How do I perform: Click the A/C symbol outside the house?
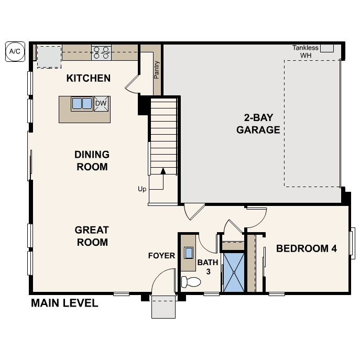pyautogui.click(x=14, y=51)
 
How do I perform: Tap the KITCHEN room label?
pyautogui.click(x=89, y=79)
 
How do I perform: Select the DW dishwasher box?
pyautogui.click(x=101, y=104)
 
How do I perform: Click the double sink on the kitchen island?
pyautogui.click(x=82, y=104)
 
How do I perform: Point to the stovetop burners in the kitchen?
pyautogui.click(x=101, y=51)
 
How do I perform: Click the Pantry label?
pyautogui.click(x=156, y=70)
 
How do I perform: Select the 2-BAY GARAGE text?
pyautogui.click(x=258, y=124)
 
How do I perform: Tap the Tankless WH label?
pyautogui.click(x=305, y=51)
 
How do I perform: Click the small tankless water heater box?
pyautogui.click(x=327, y=48)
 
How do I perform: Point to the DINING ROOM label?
pyautogui.click(x=92, y=161)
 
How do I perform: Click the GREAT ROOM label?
pyautogui.click(x=92, y=236)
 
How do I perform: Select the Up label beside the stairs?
pyautogui.click(x=142, y=189)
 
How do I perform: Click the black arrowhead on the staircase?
pyautogui.click(x=163, y=171)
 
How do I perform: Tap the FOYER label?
pyautogui.click(x=161, y=256)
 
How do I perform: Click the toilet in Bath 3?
pyautogui.click(x=190, y=282)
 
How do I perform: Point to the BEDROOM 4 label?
pyautogui.click(x=306, y=248)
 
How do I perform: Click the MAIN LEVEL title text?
pyautogui.click(x=64, y=303)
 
